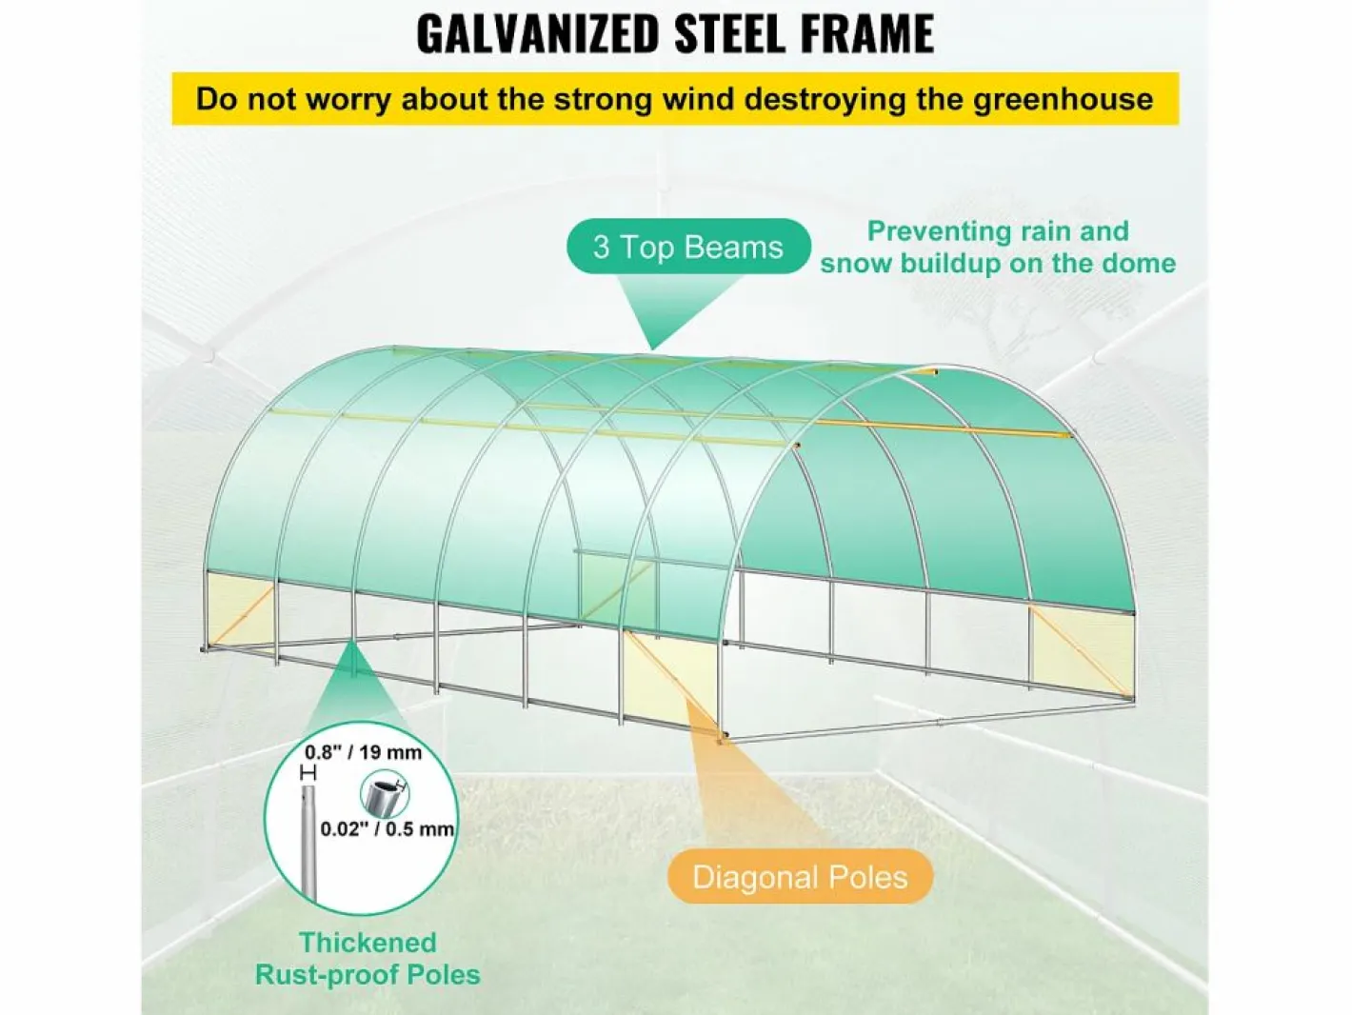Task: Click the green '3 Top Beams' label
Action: pos(688,247)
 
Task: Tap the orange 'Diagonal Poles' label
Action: pos(800,877)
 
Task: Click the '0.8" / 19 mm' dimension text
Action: pos(364,752)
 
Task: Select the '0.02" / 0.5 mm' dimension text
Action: pos(388,828)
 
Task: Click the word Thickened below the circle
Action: pos(368,943)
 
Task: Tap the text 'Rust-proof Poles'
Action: pos(368,975)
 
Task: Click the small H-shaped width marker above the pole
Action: pos(308,773)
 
